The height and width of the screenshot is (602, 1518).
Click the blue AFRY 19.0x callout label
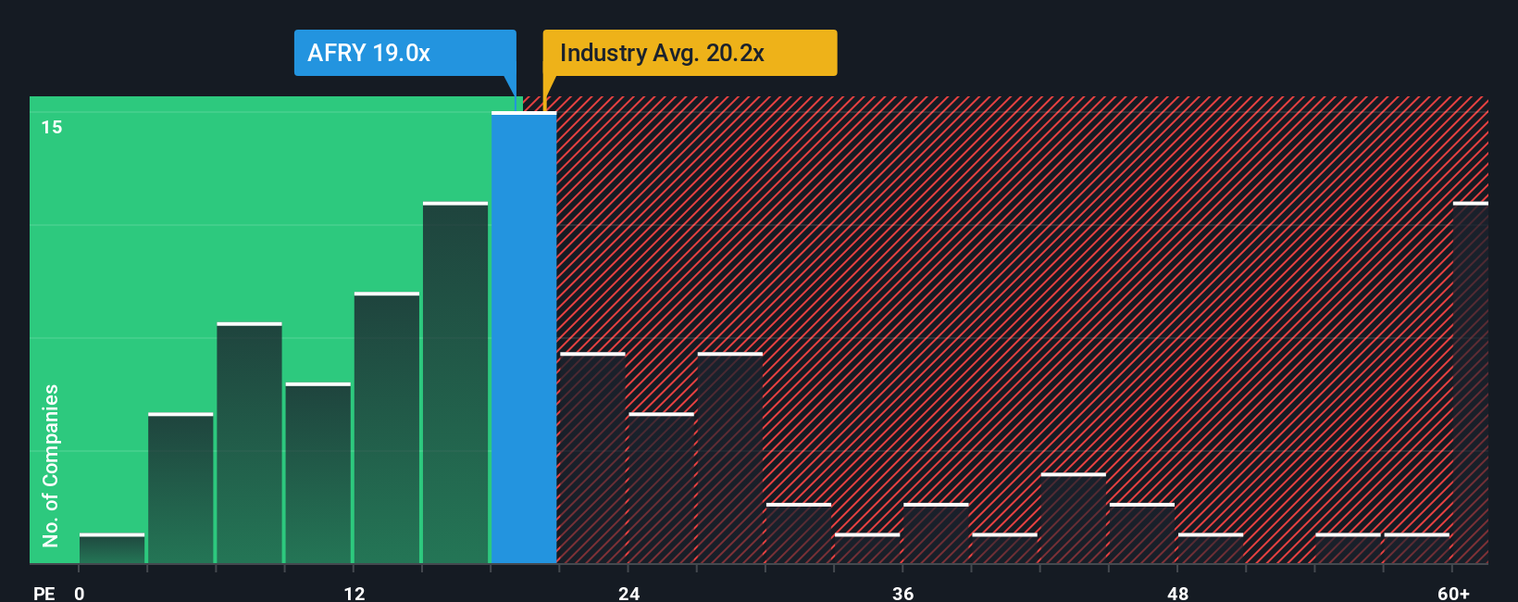pyautogui.click(x=404, y=53)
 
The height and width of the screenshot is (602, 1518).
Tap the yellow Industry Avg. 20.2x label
pyautogui.click(x=689, y=53)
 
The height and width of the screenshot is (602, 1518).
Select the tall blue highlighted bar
pyautogui.click(x=524, y=338)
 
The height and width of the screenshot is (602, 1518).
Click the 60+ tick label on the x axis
pyautogui.click(x=1453, y=594)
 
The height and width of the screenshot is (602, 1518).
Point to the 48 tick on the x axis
pyautogui.click(x=1177, y=594)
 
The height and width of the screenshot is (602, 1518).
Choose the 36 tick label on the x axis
pyautogui.click(x=902, y=594)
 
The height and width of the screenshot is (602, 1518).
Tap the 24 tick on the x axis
pyautogui.click(x=628, y=594)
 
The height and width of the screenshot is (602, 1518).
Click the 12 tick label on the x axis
pyautogui.click(x=355, y=594)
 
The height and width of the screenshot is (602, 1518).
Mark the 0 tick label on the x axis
pyautogui.click(x=80, y=594)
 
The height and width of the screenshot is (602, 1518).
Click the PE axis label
pyautogui.click(x=44, y=594)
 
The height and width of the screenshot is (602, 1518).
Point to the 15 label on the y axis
pyautogui.click(x=52, y=127)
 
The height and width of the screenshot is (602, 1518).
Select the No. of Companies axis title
pyautogui.click(x=51, y=465)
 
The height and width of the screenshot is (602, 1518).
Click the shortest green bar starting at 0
pyautogui.click(x=112, y=549)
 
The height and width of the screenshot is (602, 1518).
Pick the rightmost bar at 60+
pyautogui.click(x=1470, y=383)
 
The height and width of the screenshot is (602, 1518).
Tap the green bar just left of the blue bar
pyautogui.click(x=455, y=383)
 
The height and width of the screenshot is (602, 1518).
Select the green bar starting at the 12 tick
pyautogui.click(x=387, y=428)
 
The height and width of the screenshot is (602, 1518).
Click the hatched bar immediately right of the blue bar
pyautogui.click(x=592, y=458)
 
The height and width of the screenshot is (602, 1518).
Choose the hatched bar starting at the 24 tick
pyautogui.click(x=661, y=488)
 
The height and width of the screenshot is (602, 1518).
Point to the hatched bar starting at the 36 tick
pyautogui.click(x=936, y=533)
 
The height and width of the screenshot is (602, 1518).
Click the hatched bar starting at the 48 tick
pyautogui.click(x=1211, y=548)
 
